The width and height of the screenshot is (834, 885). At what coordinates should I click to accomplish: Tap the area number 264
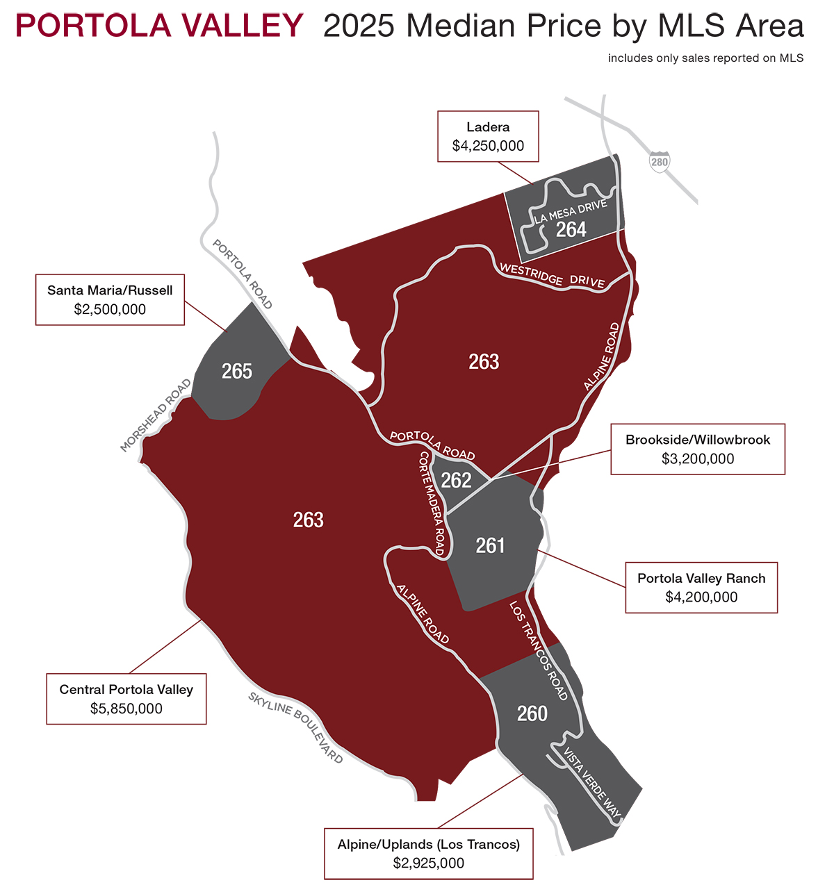pos(571,229)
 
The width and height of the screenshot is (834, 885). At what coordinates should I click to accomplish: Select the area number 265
pos(236,372)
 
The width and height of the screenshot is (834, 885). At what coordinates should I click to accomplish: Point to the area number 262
pos(457,480)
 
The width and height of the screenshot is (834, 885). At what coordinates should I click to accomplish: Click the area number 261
pos(490,546)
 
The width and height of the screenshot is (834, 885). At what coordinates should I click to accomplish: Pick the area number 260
pos(532,713)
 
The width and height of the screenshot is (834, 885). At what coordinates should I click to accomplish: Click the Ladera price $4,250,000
pos(488,146)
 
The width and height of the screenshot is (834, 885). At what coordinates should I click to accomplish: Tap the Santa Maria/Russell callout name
pos(110,290)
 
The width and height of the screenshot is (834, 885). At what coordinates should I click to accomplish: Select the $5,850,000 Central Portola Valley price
pos(126,709)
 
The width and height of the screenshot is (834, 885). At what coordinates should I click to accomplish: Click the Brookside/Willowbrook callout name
pos(698,440)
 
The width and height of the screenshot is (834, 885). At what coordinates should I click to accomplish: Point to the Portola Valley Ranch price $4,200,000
pos(701,597)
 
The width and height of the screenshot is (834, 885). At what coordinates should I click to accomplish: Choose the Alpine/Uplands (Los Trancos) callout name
pos(429,845)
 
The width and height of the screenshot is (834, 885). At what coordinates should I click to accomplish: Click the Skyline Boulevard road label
pos(296,727)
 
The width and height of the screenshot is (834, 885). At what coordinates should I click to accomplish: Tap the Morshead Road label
pos(156,415)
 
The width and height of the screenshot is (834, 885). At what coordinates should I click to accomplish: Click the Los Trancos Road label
pos(539,650)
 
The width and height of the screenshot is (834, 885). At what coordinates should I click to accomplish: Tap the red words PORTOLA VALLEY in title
pos(159,26)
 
